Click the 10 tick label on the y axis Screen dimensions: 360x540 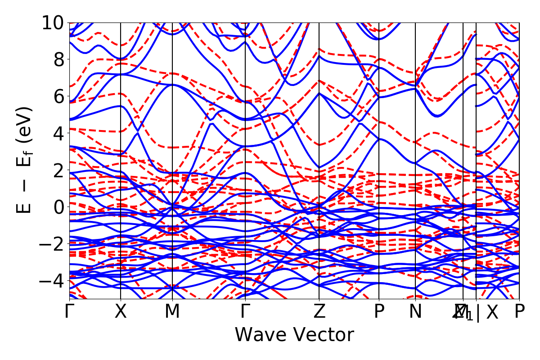53,22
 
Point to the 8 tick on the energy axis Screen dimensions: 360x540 58,59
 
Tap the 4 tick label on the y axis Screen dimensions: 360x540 58,133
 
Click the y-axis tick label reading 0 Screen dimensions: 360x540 58,207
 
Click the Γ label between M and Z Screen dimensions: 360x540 245,311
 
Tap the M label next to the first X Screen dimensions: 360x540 172,311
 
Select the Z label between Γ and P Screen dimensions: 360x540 319,311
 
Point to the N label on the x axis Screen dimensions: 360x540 415,311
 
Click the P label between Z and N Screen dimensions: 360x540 379,311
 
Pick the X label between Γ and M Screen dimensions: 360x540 121,311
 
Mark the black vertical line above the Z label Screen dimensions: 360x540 319,135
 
